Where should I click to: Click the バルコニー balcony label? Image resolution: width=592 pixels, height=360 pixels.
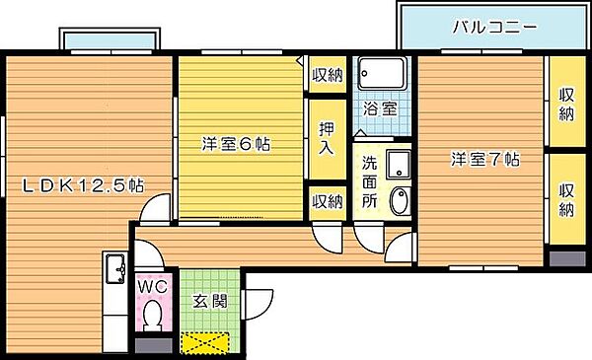click(494, 28)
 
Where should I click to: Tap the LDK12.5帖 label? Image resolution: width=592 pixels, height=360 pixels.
click(83, 185)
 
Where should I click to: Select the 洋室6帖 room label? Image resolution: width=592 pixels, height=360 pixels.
click(236, 144)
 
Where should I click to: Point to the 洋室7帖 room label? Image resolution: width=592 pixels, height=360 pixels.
click(485, 159)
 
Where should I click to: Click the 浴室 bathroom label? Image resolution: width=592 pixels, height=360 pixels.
click(380, 108)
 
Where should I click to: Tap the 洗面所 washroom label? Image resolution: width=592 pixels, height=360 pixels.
click(369, 181)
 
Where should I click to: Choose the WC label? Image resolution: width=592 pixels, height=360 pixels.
click(152, 287)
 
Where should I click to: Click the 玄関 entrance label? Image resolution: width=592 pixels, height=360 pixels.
click(210, 301)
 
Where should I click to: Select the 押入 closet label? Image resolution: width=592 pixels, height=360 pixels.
click(327, 138)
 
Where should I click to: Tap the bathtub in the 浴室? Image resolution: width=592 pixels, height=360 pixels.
click(382, 74)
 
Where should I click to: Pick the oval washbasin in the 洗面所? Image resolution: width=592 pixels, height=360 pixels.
click(399, 201)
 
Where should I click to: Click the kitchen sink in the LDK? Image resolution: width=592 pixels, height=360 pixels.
click(115, 268)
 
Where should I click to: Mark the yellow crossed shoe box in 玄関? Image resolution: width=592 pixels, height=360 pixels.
click(205, 342)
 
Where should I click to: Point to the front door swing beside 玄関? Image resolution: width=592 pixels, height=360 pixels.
click(259, 304)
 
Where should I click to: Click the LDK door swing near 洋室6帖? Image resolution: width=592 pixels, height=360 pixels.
click(156, 208)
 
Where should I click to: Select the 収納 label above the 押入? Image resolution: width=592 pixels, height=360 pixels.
click(327, 75)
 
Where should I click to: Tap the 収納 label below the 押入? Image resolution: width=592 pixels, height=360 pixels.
click(327, 201)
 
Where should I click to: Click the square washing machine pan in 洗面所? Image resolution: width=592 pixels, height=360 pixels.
click(399, 164)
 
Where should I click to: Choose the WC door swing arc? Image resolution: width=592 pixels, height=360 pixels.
click(150, 253)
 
